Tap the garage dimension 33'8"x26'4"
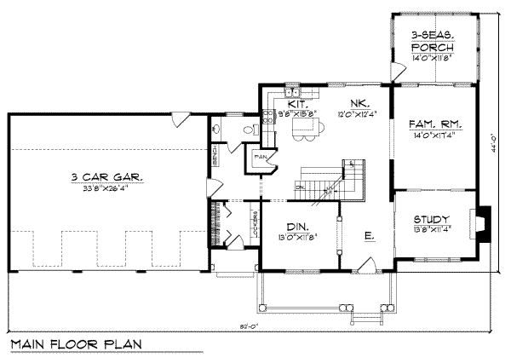(x=107, y=190)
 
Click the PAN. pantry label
(x=260, y=157)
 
